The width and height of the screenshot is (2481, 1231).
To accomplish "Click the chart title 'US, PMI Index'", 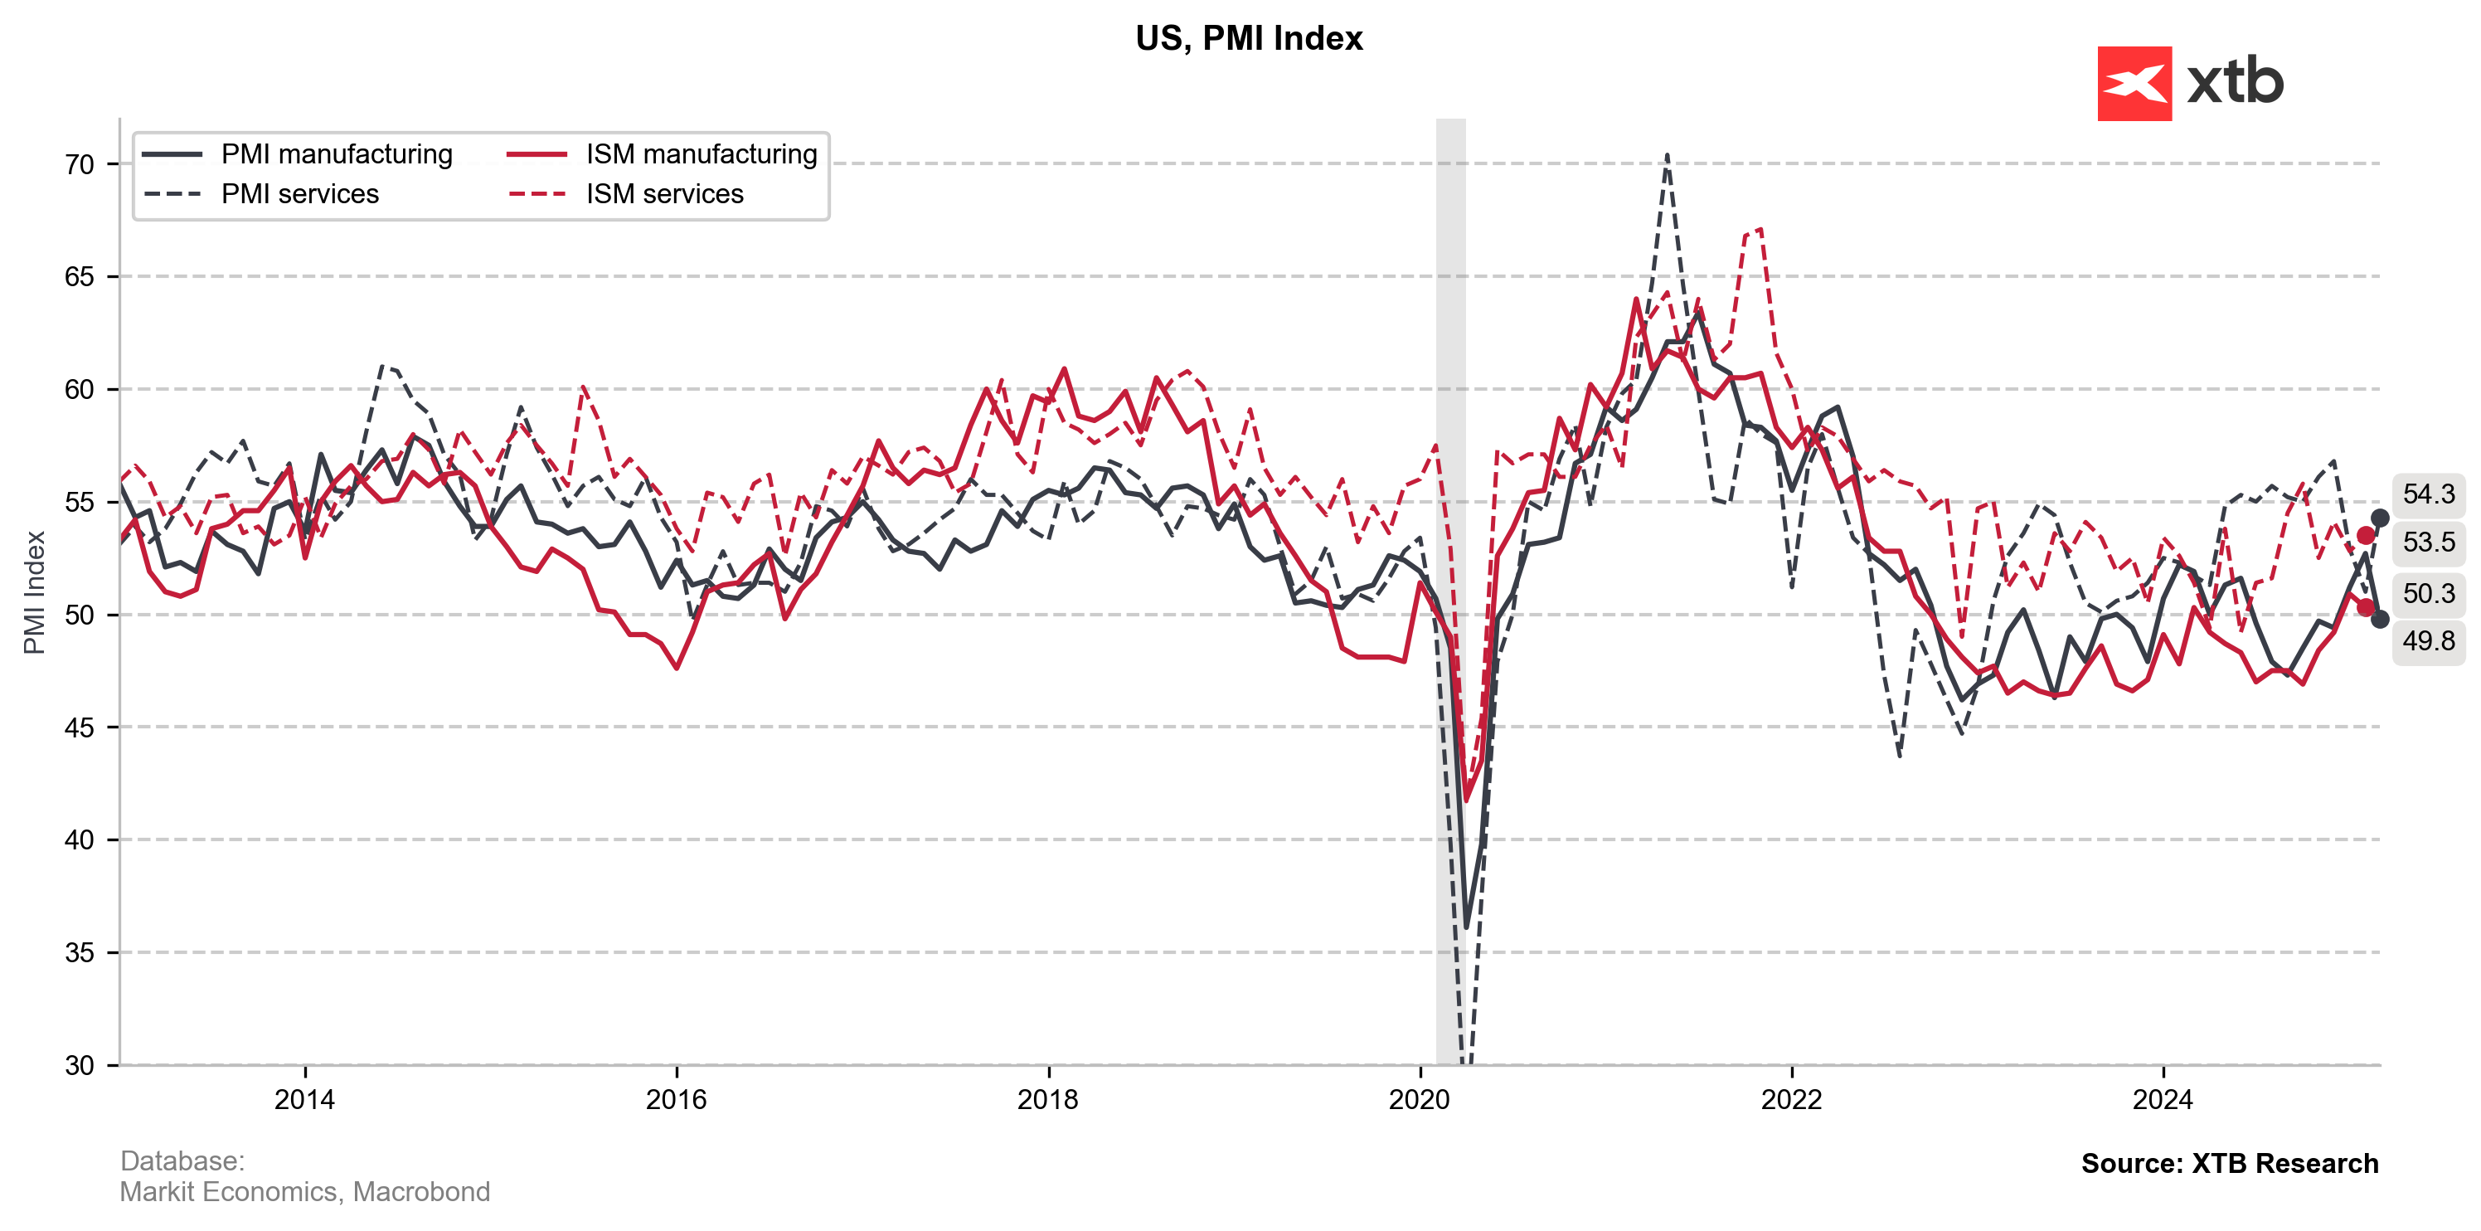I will pyautogui.click(x=1248, y=38).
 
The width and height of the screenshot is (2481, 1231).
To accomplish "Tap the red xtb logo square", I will pyautogui.click(x=2134, y=84).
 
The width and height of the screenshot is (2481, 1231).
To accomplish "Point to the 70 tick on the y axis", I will pyautogui.click(x=80, y=165).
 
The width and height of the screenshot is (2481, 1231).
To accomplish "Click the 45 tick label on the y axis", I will pyautogui.click(x=80, y=728).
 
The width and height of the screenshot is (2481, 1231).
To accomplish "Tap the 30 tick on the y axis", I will pyautogui.click(x=80, y=1065).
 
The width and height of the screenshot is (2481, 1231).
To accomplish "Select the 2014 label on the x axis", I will pyautogui.click(x=304, y=1100).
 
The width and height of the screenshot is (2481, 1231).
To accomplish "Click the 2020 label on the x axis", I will pyautogui.click(x=1420, y=1100).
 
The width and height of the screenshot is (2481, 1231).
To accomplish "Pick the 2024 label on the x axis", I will pyautogui.click(x=2163, y=1100).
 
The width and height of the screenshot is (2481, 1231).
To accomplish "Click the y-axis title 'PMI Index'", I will pyautogui.click(x=35, y=592).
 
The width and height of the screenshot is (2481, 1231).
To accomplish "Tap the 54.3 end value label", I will pyautogui.click(x=2428, y=494).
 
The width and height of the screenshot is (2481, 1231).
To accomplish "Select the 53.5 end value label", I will pyautogui.click(x=2428, y=543).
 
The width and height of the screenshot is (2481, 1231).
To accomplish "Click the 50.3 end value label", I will pyautogui.click(x=2428, y=593).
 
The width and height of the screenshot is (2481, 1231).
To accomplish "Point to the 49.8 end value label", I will pyautogui.click(x=2428, y=640).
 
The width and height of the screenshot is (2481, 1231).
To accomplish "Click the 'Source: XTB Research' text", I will pyautogui.click(x=2229, y=1164).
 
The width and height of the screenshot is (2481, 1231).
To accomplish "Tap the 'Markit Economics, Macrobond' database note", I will pyautogui.click(x=304, y=1193).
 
